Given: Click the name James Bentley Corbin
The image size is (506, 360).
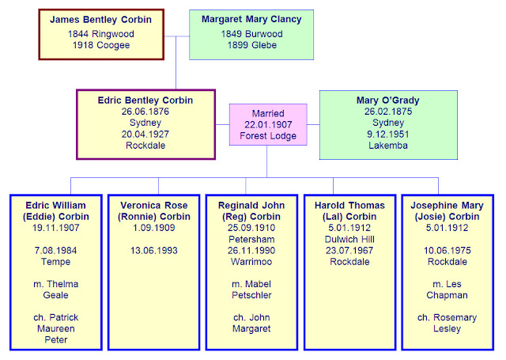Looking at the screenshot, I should (x=95, y=18).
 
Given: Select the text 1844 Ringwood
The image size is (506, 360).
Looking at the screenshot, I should (x=95, y=34).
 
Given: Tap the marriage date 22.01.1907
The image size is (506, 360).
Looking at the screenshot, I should (x=269, y=124).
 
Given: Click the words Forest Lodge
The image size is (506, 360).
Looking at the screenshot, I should (x=269, y=135).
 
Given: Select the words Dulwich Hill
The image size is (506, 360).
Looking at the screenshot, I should (x=349, y=239).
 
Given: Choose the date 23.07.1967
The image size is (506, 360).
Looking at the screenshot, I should (x=349, y=250).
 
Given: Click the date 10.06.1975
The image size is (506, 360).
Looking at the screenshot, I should (x=448, y=250).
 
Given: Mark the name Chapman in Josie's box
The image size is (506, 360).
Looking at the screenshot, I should (x=448, y=295).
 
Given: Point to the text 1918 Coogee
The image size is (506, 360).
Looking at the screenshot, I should (x=95, y=45).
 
